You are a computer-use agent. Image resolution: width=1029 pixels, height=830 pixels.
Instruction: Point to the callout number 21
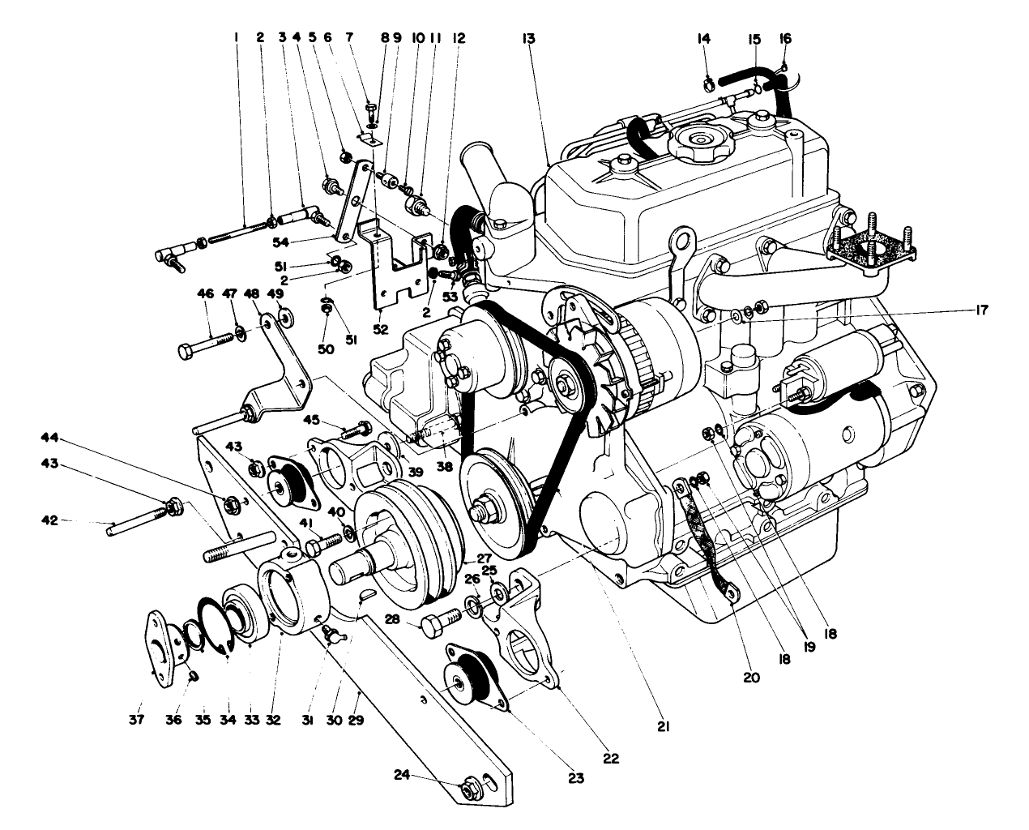[664, 728]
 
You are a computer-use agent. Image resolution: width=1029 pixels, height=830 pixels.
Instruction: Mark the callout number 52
[380, 329]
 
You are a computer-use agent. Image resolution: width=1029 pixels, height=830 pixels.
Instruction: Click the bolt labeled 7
[370, 107]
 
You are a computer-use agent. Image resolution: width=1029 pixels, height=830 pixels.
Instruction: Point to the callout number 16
[785, 38]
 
